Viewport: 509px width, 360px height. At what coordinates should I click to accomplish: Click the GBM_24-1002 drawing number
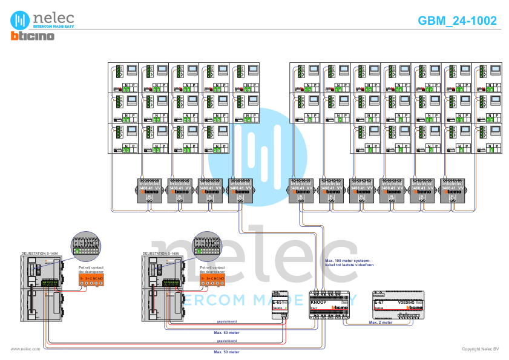coord(458,21)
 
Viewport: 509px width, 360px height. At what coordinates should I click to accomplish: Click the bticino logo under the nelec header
coord(33,36)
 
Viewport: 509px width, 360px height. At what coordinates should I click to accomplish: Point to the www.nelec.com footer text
coord(25,349)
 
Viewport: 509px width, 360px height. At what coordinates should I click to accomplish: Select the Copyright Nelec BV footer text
coord(480,349)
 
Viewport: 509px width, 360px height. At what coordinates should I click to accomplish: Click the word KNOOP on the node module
coord(318,302)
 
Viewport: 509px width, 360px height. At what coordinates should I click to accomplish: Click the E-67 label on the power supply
coord(379,301)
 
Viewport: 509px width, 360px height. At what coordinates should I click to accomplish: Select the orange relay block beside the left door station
coord(91,279)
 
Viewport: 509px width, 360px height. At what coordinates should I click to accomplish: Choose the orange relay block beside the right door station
coord(212,279)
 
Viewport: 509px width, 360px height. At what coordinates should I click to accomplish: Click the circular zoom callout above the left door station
coord(85,244)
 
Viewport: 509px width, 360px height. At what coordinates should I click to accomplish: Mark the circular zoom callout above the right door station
coord(207,244)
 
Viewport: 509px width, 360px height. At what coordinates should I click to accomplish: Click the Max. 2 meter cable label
coord(381,322)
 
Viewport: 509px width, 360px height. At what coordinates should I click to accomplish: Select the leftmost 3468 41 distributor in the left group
coord(149,189)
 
